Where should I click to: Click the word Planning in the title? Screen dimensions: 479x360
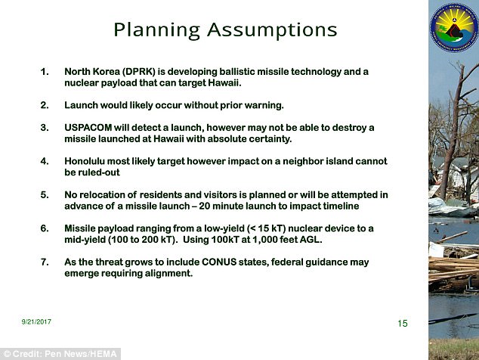point(156,30)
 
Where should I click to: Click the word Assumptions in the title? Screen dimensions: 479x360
point(272,30)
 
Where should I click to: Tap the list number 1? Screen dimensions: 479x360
point(45,72)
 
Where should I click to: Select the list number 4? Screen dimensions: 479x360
point(45,161)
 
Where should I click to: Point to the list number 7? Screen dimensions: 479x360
point(45,262)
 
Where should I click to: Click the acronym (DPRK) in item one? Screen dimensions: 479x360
point(139,72)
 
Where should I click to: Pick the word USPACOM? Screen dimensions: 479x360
point(88,128)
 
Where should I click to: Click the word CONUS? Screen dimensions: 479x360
point(219,262)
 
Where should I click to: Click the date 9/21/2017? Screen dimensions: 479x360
point(36,321)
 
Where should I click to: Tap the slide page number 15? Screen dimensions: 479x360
point(403,323)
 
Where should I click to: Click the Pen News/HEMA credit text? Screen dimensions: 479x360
point(81,354)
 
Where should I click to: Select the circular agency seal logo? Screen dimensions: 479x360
point(454,28)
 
